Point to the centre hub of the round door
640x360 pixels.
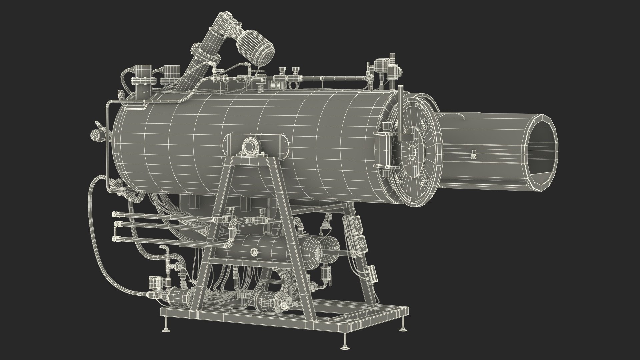click(x=413, y=152)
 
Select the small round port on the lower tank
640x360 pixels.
click(x=255, y=252)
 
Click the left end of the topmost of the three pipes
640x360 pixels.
click(x=115, y=214)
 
